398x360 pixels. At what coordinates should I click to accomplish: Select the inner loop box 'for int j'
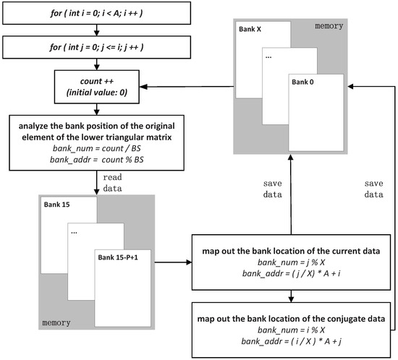96,48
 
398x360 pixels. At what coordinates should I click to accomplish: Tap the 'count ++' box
96,87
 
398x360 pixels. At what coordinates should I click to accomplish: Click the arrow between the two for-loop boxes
96,31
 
